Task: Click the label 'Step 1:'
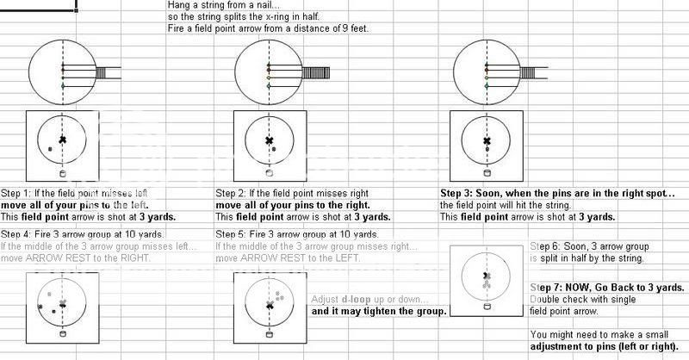(16, 193)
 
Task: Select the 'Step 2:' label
(230, 193)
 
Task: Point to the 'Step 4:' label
(16, 234)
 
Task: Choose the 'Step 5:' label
(230, 234)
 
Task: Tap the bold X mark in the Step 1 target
(62, 139)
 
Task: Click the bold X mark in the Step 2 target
(269, 140)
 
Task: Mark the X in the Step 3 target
(487, 140)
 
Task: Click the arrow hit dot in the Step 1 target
(50, 150)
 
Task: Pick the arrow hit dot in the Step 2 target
(274, 149)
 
